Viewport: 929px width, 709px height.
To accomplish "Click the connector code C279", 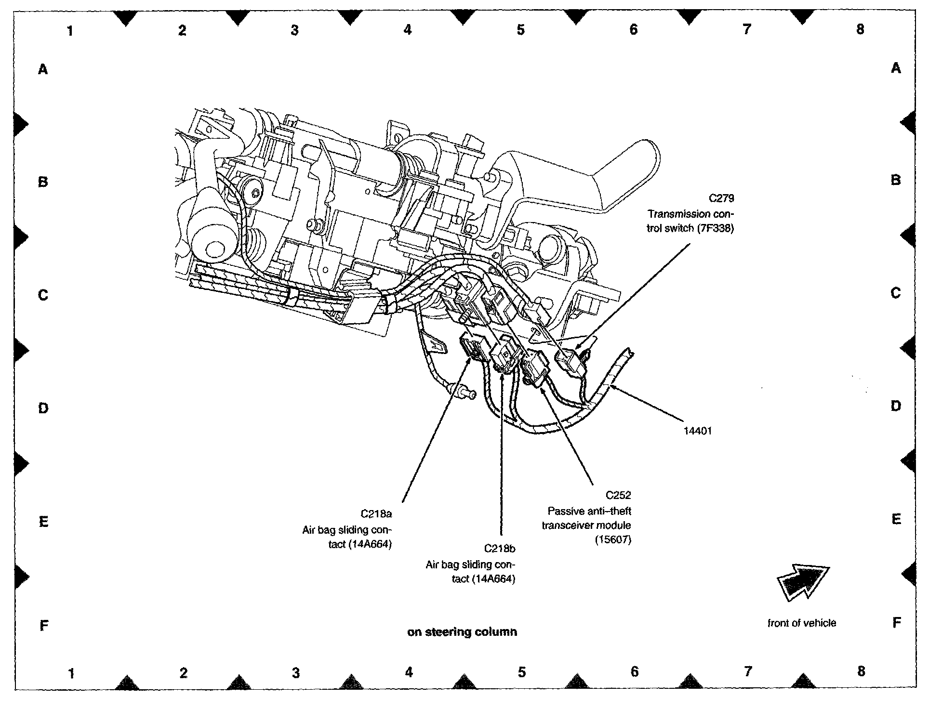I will (721, 198).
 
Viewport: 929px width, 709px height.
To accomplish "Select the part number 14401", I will (697, 431).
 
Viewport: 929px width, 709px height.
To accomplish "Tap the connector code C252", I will (618, 495).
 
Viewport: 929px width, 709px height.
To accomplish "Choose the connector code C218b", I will (500, 548).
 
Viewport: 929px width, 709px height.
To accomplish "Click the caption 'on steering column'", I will (462, 631).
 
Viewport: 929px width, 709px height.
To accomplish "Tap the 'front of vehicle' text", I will (802, 623).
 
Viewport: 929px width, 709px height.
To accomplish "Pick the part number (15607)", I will (612, 540).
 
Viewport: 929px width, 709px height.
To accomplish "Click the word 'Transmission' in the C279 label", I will (672, 213).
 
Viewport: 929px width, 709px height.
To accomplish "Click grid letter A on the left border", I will (43, 69).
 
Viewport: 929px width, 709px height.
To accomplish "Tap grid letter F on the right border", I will (896, 623).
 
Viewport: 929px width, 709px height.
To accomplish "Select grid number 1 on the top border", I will (70, 31).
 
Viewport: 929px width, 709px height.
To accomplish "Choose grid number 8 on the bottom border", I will (861, 671).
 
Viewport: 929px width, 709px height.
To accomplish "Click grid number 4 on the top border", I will (408, 30).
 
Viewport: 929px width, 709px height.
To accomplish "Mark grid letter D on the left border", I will (43, 408).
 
